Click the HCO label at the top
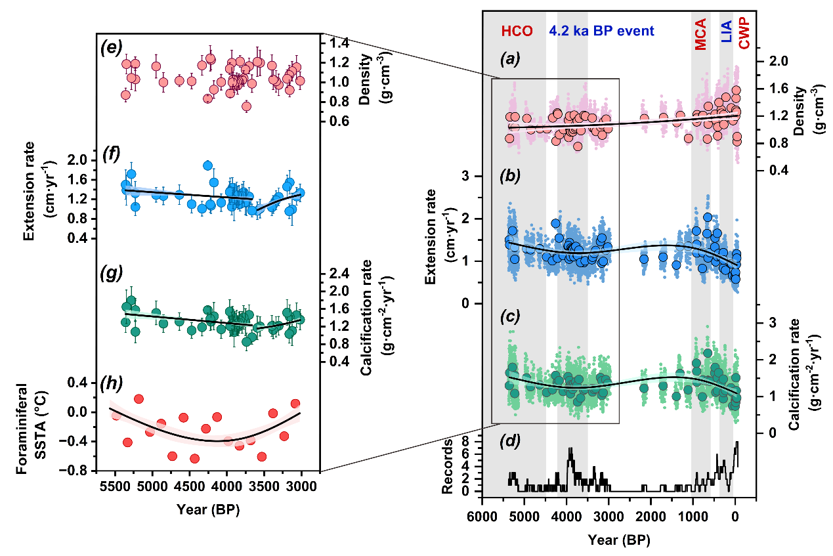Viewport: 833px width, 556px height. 517,31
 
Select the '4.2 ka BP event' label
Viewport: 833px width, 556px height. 601,31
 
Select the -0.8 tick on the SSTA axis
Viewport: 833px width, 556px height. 79,471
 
